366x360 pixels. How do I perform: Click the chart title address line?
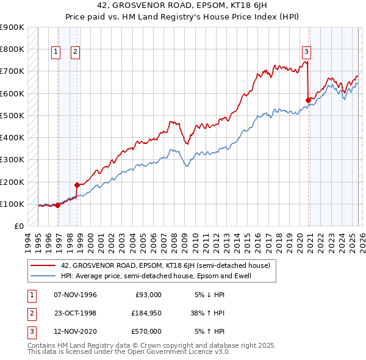coord(182,5)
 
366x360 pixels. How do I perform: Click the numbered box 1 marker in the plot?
coord(56,52)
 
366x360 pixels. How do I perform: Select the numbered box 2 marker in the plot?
coord(75,52)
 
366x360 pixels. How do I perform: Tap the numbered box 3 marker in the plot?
coord(306,52)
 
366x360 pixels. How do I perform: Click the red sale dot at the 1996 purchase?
coord(58,206)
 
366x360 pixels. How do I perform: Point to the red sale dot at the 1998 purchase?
coord(77,185)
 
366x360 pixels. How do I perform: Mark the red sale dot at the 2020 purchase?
coord(309,99)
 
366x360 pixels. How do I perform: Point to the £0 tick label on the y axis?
coord(18,226)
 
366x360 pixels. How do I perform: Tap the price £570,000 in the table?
coord(147,331)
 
